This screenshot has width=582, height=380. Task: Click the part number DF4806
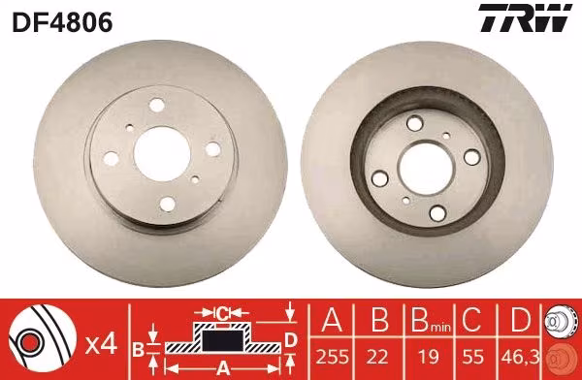point(62,22)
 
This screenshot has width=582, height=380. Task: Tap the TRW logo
point(525,17)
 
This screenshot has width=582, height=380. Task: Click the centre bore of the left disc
point(162,153)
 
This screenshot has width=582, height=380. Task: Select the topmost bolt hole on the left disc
point(156,105)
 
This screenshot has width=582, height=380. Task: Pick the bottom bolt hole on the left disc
point(168,204)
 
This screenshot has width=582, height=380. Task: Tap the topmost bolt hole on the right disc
point(414,123)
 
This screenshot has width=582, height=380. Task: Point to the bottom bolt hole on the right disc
point(437,212)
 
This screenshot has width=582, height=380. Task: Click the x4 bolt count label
point(101,345)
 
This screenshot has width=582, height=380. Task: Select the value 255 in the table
point(333,357)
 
